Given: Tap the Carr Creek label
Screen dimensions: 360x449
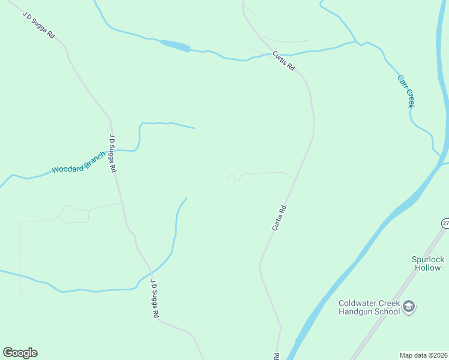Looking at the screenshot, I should [x=406, y=91].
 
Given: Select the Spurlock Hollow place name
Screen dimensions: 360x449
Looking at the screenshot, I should [x=428, y=263].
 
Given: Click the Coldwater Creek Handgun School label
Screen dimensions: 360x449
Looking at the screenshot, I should [x=369, y=307].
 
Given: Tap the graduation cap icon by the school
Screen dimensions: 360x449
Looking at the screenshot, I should [x=409, y=307].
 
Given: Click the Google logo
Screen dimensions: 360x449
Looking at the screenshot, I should [x=20, y=353].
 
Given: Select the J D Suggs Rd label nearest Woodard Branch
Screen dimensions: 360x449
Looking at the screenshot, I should [x=112, y=153].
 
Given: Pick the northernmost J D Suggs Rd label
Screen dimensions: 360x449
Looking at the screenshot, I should [x=39, y=25].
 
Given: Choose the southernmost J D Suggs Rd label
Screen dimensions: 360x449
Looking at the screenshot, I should [x=154, y=298].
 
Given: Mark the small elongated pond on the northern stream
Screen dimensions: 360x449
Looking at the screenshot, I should [x=175, y=46].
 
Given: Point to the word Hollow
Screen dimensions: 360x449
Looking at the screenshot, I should [x=428, y=268].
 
